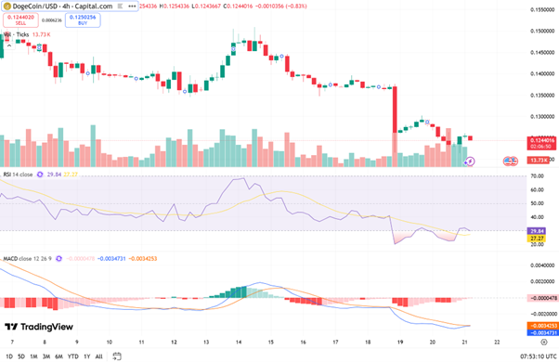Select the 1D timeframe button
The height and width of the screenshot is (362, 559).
pyautogui.click(x=9, y=355)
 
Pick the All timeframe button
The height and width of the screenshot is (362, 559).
pyautogui.click(x=98, y=355)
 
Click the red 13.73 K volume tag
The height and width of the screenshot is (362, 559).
pyautogui.click(x=538, y=161)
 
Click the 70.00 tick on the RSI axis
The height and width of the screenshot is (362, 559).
pyautogui.click(x=536, y=187)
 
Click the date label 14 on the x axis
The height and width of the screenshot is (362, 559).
pyautogui.click(x=236, y=341)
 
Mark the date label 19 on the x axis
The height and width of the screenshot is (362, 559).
pyautogui.click(x=399, y=341)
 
